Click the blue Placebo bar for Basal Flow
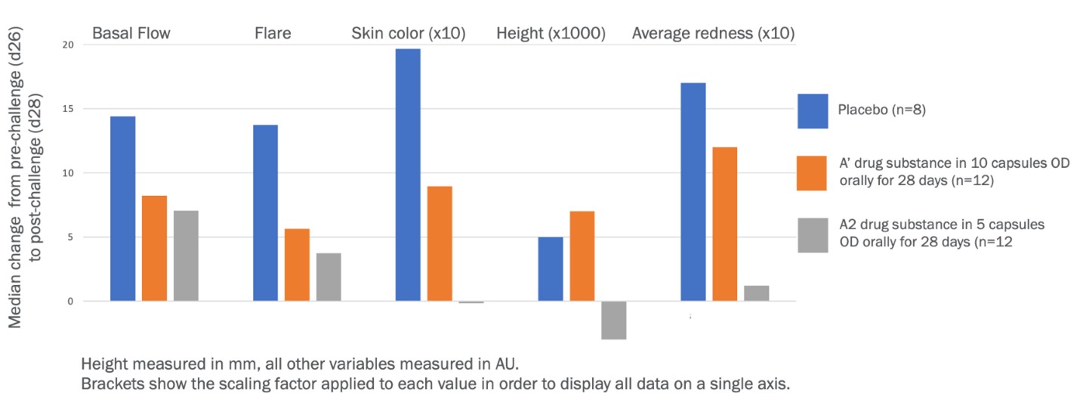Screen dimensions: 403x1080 coord(123,209)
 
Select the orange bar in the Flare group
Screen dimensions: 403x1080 coord(297,265)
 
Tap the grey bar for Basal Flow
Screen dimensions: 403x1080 coord(186,256)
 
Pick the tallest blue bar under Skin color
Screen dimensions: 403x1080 coord(408,175)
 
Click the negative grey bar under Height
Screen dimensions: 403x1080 coord(613,320)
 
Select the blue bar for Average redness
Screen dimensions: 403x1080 coord(693,192)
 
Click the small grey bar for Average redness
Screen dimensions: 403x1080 coord(756,293)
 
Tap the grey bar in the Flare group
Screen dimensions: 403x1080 coord(329,277)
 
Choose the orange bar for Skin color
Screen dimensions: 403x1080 coord(440,243)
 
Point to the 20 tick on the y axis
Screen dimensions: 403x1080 coord(69,45)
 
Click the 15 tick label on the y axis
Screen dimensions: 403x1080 coord(69,109)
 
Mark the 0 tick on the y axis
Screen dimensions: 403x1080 coord(71,302)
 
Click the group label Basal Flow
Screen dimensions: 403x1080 coord(131,33)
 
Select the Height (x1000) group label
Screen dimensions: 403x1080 coord(551,33)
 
